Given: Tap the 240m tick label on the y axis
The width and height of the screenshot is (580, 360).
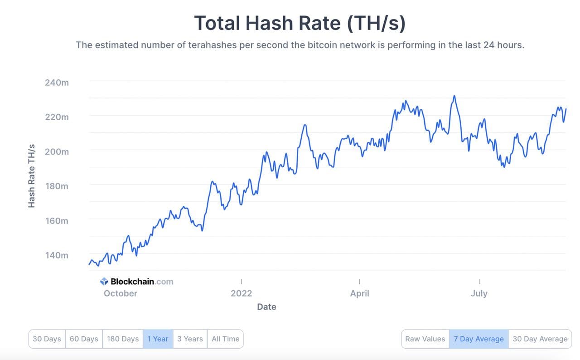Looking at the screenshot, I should point(57,83).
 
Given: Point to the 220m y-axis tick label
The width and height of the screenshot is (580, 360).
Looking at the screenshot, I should point(57,117).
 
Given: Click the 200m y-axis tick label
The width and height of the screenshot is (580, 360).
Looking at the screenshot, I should point(57,151).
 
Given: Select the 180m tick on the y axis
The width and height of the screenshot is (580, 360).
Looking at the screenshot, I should point(57,186).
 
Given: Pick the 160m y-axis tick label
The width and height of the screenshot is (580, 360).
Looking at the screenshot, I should point(57,221).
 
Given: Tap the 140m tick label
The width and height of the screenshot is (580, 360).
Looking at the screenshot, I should point(57,255).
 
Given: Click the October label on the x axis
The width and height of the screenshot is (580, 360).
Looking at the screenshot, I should point(120,293).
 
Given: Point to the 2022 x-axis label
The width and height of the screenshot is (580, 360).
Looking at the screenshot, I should point(241,293).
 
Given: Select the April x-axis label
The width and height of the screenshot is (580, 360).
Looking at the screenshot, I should point(359,293).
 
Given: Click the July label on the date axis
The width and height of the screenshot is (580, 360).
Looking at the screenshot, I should point(479,293).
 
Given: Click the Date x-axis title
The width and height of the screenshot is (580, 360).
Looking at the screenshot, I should point(266,307).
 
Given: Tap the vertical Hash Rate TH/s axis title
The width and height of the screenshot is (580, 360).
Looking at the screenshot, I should point(31,176).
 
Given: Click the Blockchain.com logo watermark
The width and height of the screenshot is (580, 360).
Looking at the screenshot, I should point(137,282).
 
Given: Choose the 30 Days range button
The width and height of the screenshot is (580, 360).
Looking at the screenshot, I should point(47,339).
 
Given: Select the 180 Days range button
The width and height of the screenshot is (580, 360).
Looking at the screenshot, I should point(122,339).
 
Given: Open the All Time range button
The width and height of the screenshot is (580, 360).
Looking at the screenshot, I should point(225,339).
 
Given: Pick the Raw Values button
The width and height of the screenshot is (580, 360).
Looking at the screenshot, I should point(425,339).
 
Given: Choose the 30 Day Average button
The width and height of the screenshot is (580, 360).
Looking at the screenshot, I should point(540,339).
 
